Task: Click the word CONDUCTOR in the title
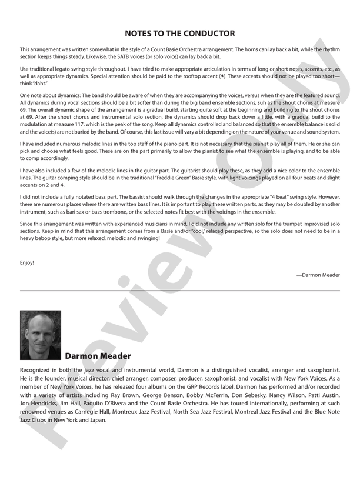(x=202, y=34)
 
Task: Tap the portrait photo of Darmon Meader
(x=41, y=335)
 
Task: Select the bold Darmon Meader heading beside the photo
(x=98, y=356)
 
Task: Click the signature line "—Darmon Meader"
(x=318, y=275)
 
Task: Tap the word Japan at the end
(x=96, y=421)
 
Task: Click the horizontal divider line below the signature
(x=180, y=291)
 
